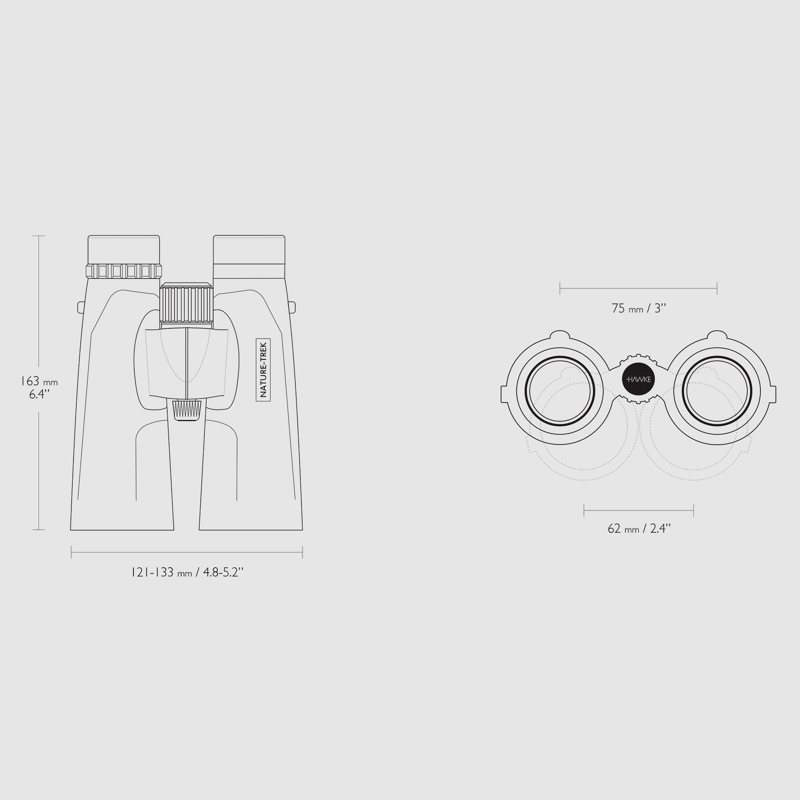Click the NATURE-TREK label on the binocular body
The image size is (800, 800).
[x=263, y=370]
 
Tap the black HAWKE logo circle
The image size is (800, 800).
[x=639, y=379]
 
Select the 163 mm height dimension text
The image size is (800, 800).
[x=39, y=381]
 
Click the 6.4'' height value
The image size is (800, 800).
[x=39, y=394]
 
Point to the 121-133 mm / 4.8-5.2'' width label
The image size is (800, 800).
[x=187, y=572]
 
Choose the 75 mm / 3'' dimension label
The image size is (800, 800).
[x=639, y=308]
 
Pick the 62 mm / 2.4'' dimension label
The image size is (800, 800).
[x=639, y=528]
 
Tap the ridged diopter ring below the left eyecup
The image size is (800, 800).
[x=124, y=271]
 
